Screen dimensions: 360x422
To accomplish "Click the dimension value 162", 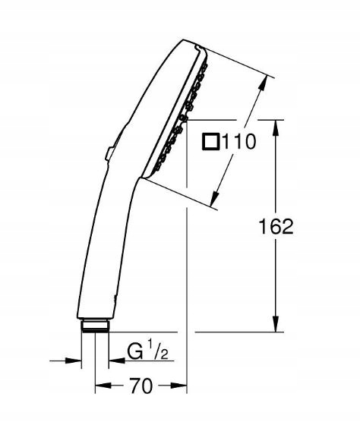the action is click(x=276, y=226).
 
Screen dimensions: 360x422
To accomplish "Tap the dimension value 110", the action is click(x=238, y=142).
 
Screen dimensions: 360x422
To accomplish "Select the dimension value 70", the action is click(x=141, y=386).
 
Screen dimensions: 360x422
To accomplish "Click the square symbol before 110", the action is click(x=210, y=142).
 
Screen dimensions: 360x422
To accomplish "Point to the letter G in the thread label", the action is click(x=135, y=351).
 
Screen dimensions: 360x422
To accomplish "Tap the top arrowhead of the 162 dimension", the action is click(x=276, y=128).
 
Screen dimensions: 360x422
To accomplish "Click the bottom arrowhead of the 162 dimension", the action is click(x=276, y=324).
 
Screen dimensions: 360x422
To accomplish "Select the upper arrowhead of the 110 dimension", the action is click(x=263, y=83).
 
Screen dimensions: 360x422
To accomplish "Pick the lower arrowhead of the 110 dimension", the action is click(x=215, y=199).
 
